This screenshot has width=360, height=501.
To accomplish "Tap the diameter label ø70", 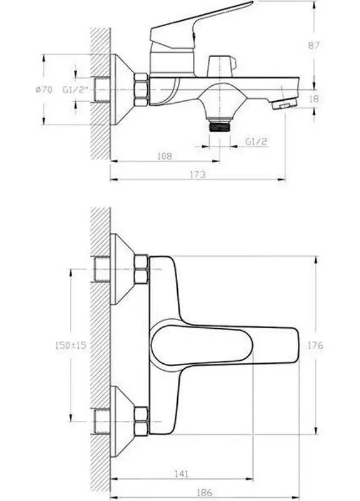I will (44, 90).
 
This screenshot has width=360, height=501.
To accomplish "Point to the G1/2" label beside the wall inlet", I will (77, 90).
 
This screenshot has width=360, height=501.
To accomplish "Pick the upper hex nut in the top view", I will (141, 270).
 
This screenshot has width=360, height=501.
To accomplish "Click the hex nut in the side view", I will (141, 89).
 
